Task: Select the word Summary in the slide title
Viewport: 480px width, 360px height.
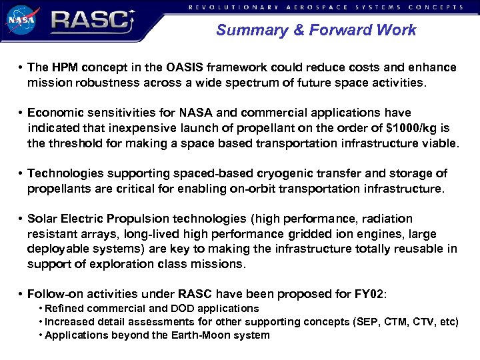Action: pyautogui.click(x=244, y=30)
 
